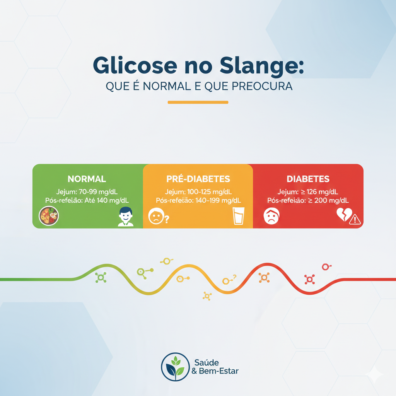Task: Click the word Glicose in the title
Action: [135, 65]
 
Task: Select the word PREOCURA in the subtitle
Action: [262, 86]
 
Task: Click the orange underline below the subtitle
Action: [198, 102]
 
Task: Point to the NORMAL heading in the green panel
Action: [87, 179]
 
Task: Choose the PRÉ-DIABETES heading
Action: [198, 179]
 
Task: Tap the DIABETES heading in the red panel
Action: [308, 179]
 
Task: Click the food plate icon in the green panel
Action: [49, 216]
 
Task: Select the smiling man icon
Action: [126, 217]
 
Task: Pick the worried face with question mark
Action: [159, 216]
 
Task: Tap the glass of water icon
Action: [238, 216]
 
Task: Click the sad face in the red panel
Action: [271, 216]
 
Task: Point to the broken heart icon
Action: [344, 214]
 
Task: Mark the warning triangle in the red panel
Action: [355, 219]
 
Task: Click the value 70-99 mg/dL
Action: [98, 192]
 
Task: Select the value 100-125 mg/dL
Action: [210, 192]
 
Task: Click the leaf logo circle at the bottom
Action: [175, 367]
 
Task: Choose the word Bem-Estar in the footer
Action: [219, 371]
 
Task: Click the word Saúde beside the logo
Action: [207, 363]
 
